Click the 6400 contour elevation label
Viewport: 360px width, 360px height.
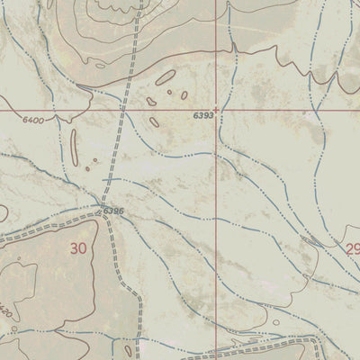point(32,120)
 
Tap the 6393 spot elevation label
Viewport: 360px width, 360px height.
point(202,116)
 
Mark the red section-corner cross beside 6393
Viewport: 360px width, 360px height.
point(216,110)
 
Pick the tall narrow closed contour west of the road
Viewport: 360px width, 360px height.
point(73,145)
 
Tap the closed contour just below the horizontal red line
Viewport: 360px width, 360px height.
point(154,121)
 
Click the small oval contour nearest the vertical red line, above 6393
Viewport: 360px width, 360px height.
point(184,94)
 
